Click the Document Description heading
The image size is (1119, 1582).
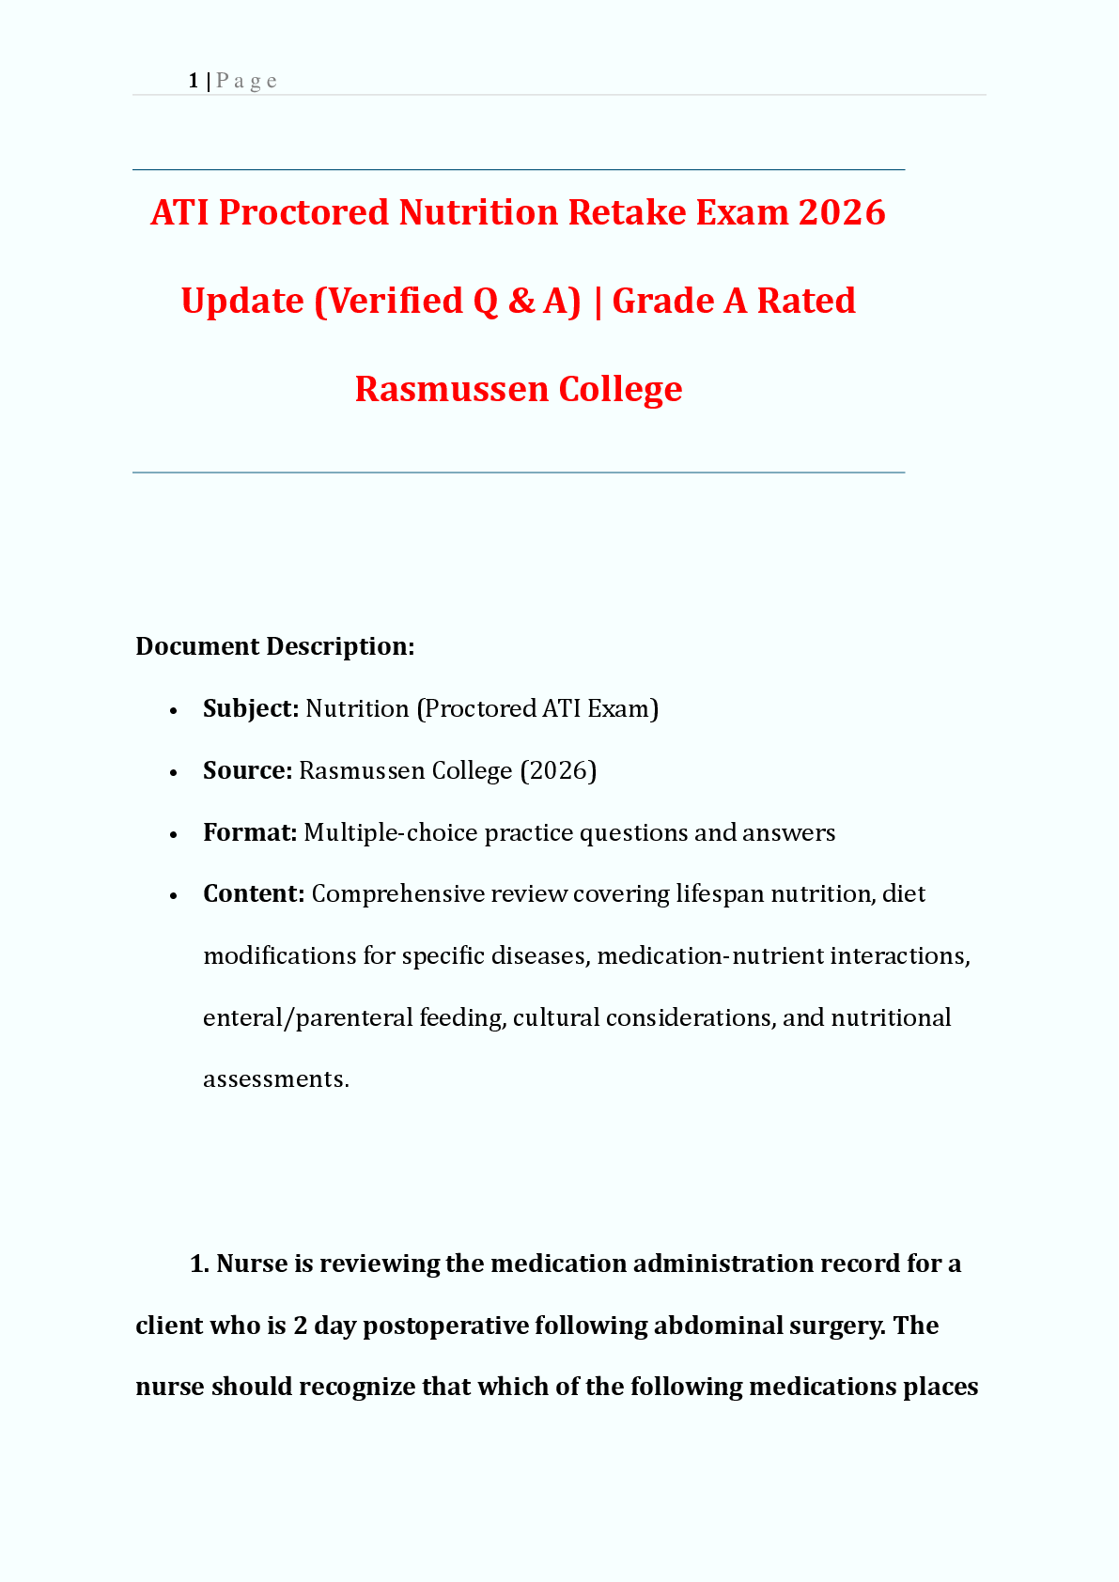point(275,646)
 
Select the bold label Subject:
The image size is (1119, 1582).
point(251,708)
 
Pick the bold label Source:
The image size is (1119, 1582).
point(248,770)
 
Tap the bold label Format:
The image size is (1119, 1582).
point(250,832)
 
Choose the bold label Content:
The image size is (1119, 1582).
point(254,893)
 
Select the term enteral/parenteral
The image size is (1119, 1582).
point(307,1017)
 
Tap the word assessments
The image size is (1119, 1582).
point(275,1079)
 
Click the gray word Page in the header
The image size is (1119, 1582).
point(246,82)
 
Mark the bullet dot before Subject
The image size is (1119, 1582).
point(173,711)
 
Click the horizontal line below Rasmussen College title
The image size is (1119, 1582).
point(519,473)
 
